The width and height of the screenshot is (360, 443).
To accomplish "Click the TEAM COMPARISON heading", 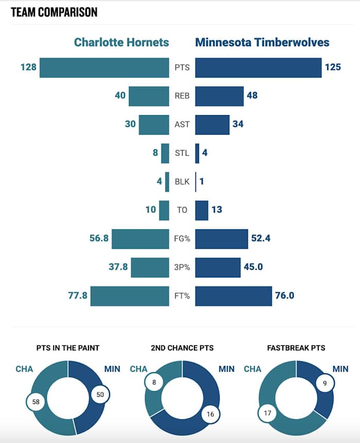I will [54, 11].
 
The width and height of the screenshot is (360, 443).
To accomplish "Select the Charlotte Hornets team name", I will [121, 42].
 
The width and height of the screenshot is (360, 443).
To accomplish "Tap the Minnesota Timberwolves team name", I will [262, 42].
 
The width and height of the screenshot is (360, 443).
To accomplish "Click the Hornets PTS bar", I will [104, 67].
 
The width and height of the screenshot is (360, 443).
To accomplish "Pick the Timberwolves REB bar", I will [220, 96].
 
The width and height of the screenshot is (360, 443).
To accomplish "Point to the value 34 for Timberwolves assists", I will [238, 124].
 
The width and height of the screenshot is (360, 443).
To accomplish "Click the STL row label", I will [182, 153].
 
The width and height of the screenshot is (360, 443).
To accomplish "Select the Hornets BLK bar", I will [167, 181].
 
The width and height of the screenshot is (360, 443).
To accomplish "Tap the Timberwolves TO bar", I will [202, 210].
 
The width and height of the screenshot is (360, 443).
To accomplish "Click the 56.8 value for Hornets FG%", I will [99, 238].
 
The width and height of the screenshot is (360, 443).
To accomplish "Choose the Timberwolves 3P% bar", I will [218, 267].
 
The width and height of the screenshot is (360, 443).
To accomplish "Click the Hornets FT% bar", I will [130, 296].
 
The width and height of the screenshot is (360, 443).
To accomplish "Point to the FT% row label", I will [182, 296].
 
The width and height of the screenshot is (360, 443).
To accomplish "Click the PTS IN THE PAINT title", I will [68, 348].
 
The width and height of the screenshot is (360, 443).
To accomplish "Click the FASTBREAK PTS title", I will [296, 348].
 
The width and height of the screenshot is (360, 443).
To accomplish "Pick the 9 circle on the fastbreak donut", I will [325, 382].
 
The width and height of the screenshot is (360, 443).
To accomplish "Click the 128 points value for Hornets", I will [28, 67].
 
